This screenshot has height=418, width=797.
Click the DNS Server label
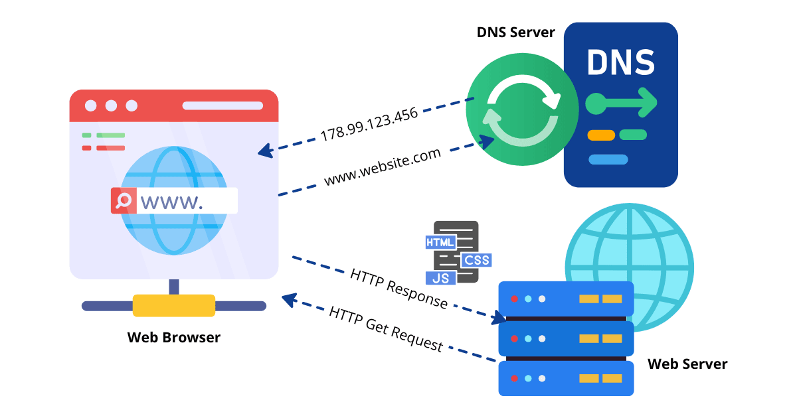pos(515,32)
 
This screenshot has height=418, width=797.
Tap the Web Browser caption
pos(174,337)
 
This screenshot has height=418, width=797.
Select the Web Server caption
pos(687,364)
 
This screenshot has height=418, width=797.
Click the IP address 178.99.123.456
pos(369,124)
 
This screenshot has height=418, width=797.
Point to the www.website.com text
pos(382,167)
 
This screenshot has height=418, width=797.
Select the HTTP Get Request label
pos(385,328)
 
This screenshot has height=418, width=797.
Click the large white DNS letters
pos(621,63)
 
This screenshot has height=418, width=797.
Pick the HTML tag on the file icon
pos(440,243)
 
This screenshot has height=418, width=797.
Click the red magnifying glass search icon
pos(123,200)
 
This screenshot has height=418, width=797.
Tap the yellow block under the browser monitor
pos(173,305)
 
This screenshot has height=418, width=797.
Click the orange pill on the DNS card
pos(601,135)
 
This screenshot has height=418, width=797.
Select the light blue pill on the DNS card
pos(608,159)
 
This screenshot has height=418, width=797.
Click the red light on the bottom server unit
pos(514,378)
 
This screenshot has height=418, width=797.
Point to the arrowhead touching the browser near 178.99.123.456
pos(264,152)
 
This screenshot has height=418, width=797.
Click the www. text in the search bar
pos(171,201)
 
